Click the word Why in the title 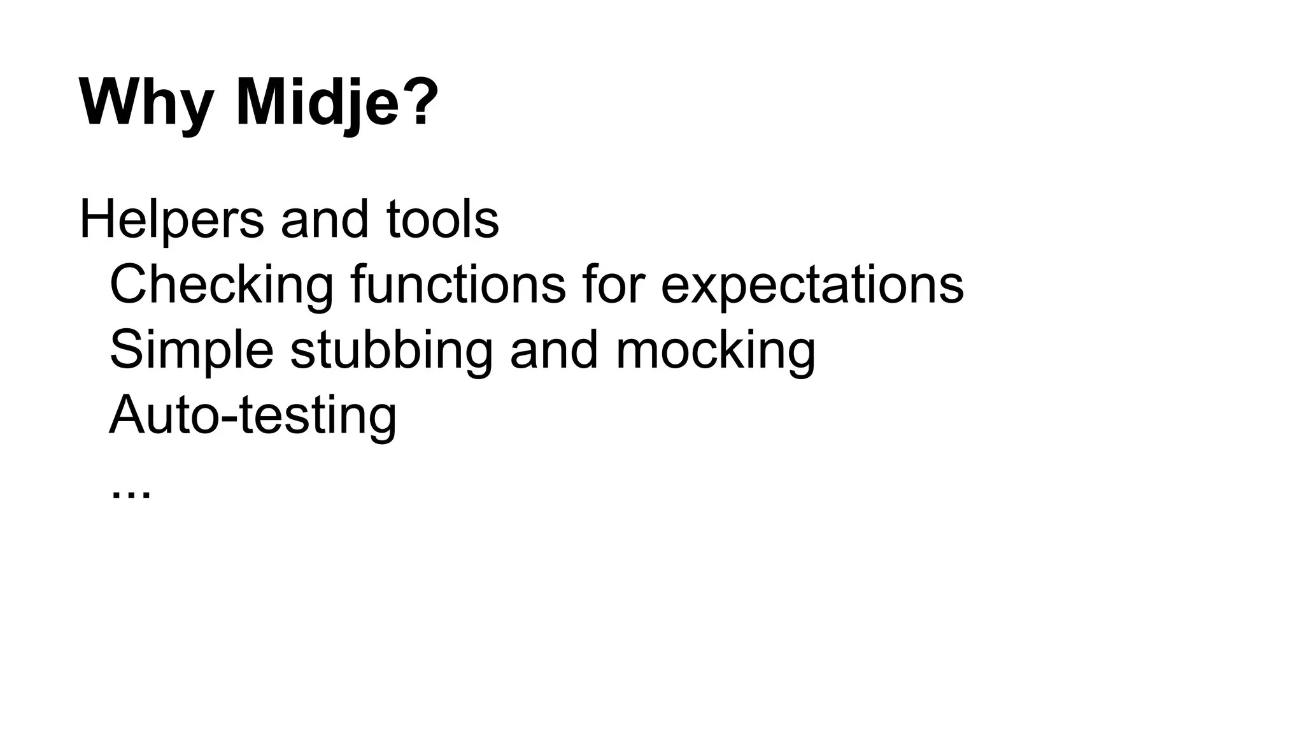146,104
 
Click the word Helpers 171,220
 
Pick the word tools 443,220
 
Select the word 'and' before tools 325,220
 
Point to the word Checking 222,285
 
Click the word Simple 192,351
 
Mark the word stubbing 392,351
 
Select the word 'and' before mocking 554,350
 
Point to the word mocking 715,351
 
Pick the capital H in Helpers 97,219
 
